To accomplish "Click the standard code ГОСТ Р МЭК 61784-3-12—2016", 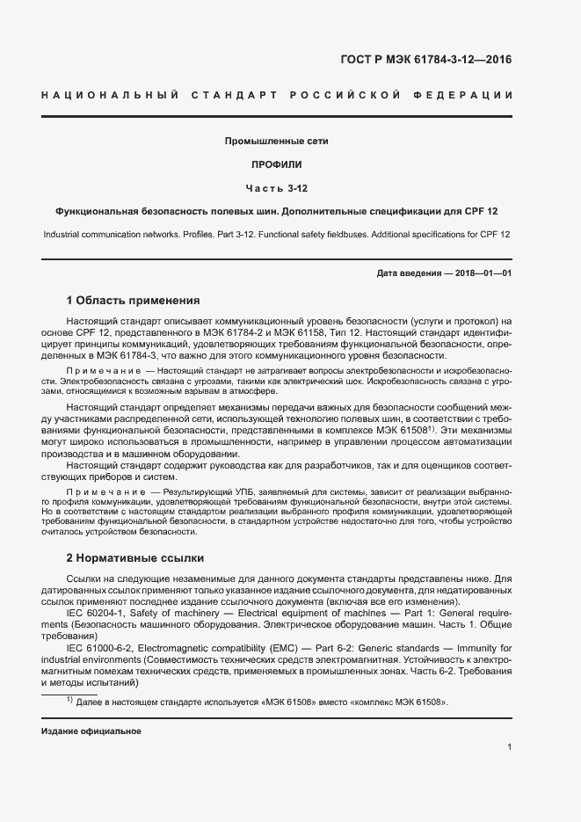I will [x=426, y=61].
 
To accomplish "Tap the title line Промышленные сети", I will [x=277, y=141].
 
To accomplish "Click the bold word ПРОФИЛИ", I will [x=277, y=164].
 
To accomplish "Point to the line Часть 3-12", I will [x=277, y=188].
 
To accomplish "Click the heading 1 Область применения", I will [x=134, y=300].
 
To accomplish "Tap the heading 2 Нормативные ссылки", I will [x=135, y=557].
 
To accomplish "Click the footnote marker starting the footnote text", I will [x=69, y=701].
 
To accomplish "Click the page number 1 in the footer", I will [x=509, y=746].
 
